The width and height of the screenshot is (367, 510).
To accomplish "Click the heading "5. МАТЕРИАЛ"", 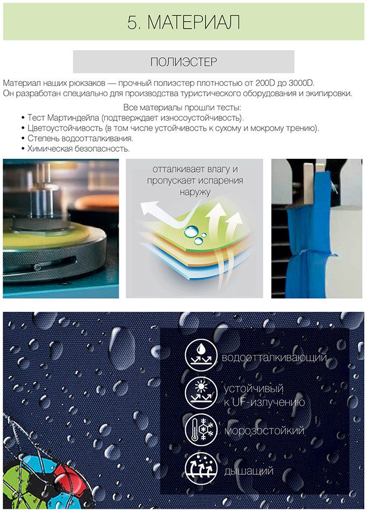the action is [183, 22].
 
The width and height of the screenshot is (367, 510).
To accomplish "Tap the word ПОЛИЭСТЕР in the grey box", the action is [183, 62].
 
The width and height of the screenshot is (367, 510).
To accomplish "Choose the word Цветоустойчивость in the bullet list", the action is [65, 128].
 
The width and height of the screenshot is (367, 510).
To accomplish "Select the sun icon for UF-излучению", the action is [201, 393].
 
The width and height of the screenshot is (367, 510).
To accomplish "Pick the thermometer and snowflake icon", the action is [201, 430].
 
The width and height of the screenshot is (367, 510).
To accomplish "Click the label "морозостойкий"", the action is [264, 431].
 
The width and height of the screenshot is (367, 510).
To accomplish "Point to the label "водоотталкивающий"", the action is [274, 358].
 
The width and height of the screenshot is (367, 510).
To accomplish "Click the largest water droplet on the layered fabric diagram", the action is [192, 231].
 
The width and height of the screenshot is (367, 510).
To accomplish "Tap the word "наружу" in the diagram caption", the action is [195, 192].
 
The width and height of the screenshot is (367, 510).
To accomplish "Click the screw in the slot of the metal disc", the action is [37, 267].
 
